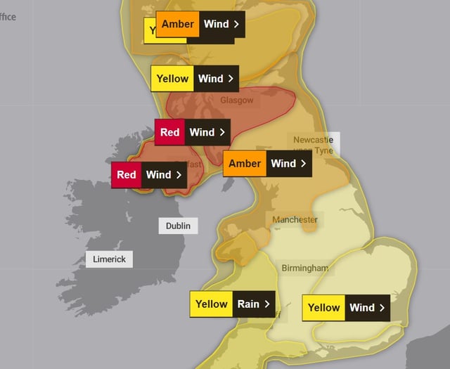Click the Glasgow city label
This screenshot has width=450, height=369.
click(236, 101)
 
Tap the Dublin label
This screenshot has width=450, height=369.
click(178, 226)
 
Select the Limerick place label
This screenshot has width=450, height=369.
click(109, 259)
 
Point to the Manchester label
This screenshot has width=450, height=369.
click(295, 219)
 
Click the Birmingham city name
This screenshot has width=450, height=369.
click(304, 268)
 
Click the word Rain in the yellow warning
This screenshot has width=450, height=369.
click(247, 304)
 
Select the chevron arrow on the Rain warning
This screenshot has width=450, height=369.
click(266, 304)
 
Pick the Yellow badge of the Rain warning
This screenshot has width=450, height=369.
click(212, 304)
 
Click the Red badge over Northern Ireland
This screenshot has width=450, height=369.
click(127, 175)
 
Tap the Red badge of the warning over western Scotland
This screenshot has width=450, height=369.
click(170, 132)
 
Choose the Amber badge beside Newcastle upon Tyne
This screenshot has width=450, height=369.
click(245, 164)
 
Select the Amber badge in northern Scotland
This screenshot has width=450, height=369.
click(177, 24)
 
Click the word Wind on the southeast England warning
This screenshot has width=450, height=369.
click(362, 308)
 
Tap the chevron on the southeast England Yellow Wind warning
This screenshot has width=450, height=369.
click(382, 308)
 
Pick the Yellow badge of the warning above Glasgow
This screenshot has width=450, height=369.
click(172, 79)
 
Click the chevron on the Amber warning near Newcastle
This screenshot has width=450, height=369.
click(303, 164)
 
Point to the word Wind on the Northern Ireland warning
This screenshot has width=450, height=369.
click(158, 175)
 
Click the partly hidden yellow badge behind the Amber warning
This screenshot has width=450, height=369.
click(150, 31)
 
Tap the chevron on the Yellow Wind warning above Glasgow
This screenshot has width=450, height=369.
click(230, 79)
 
